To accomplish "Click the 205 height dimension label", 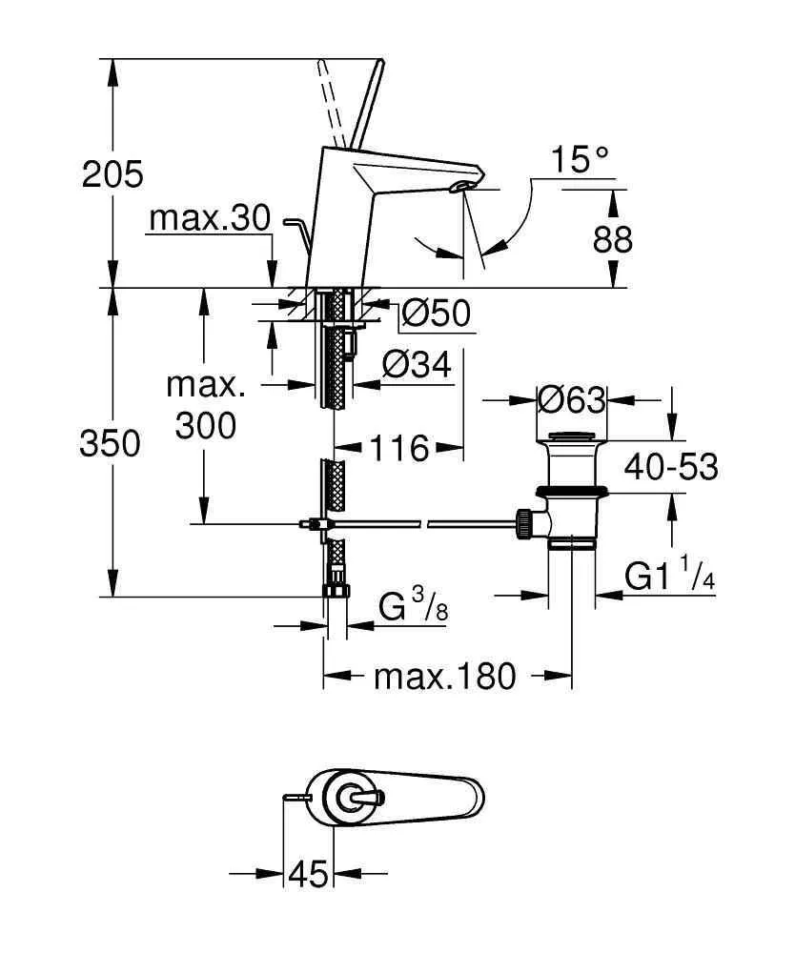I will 112,174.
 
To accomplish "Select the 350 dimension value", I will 112,443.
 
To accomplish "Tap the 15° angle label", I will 578,159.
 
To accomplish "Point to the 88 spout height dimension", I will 612,239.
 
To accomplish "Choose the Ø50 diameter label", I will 436,314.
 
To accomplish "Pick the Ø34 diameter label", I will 416,364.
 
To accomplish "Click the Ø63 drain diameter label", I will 571,400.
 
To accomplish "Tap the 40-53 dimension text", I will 671,467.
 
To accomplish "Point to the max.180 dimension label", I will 444,677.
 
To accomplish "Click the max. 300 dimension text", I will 206,406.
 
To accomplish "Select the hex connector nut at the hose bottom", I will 336,583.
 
